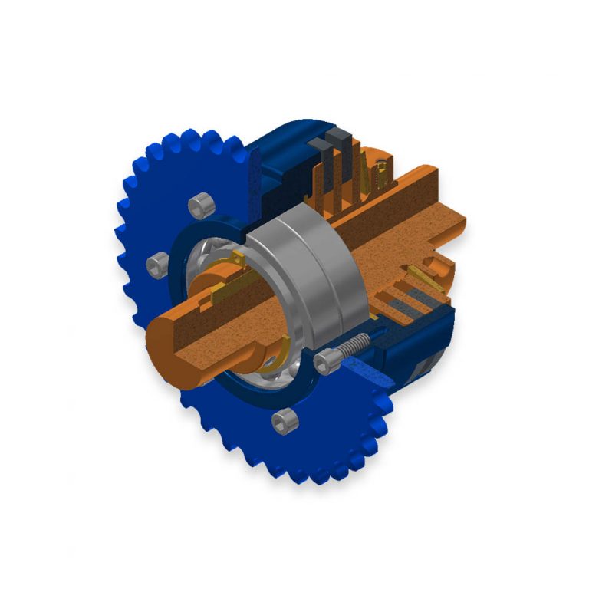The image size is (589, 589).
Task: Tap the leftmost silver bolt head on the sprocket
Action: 156,265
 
